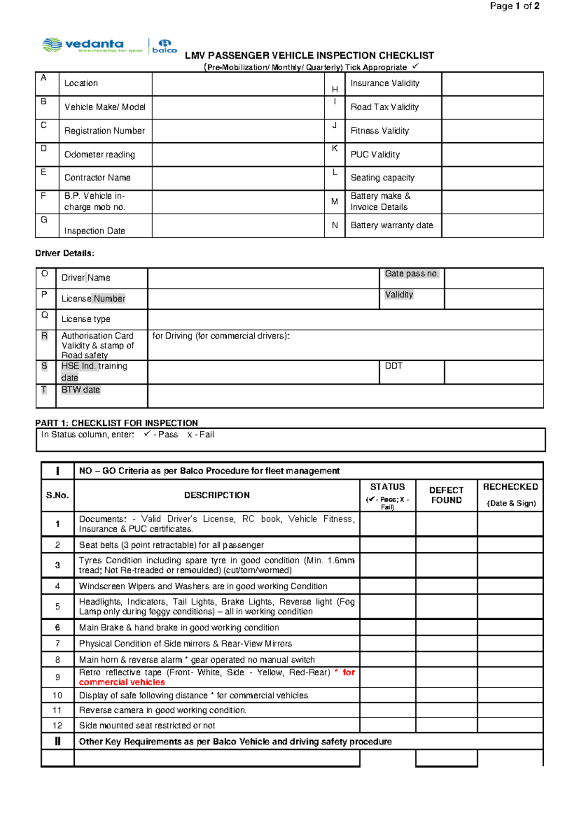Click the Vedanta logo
[x=92, y=45]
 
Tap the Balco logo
[x=165, y=46]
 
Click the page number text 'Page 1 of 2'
[x=514, y=6]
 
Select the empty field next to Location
[x=238, y=84]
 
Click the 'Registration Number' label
[x=105, y=131]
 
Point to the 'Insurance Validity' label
[x=385, y=83]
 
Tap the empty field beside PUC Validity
[x=492, y=155]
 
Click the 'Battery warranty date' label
[x=391, y=225]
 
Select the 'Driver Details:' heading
[x=65, y=253]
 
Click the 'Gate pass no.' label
[x=412, y=274]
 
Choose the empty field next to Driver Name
[x=263, y=278]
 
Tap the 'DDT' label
[x=393, y=366]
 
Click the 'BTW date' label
[x=81, y=390]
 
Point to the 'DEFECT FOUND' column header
[x=446, y=495]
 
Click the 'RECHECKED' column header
[x=510, y=487]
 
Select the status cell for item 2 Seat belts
[x=387, y=545]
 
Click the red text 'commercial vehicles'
[x=122, y=682]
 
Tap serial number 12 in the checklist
[x=57, y=725]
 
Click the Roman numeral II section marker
[x=57, y=741]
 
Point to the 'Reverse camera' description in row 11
[x=163, y=710]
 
